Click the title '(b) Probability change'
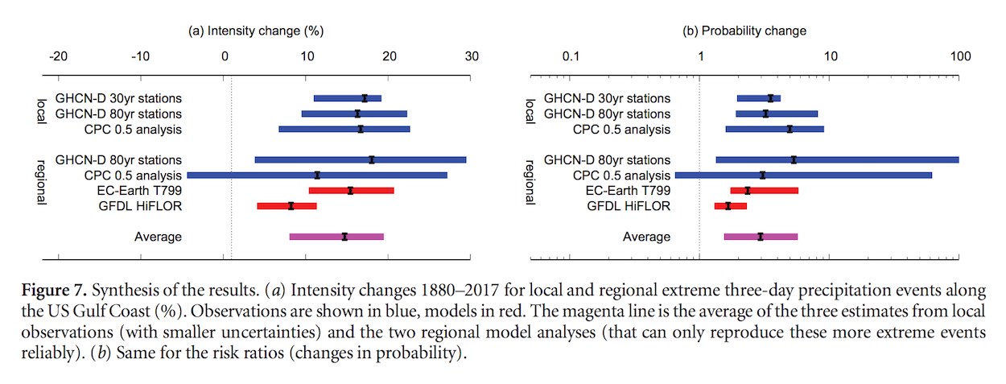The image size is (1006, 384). [x=744, y=31]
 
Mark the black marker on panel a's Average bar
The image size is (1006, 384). [x=344, y=237]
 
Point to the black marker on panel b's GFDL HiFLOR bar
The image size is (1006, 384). [x=728, y=206]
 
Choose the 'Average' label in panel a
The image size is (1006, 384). [x=158, y=237]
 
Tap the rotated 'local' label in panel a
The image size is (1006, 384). [x=41, y=113]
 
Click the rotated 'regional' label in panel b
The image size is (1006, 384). [x=530, y=182]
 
